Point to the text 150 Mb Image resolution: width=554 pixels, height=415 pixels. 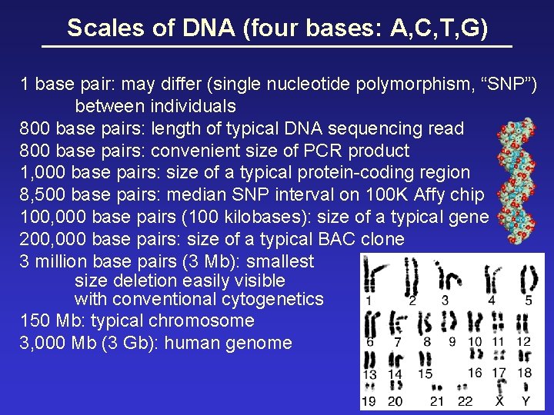click(x=47, y=320)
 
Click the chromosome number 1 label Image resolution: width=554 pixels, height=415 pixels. click(x=369, y=300)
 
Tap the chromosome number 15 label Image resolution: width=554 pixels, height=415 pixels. click(x=425, y=373)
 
